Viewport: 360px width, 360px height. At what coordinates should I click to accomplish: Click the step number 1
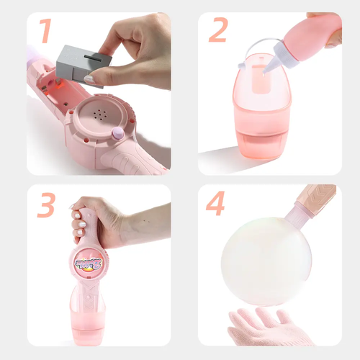[x=45, y=31]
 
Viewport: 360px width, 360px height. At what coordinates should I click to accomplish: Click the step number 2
[x=218, y=30]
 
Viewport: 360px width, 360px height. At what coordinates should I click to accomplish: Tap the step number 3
[x=47, y=205]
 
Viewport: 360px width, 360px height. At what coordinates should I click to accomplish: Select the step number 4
[x=215, y=203]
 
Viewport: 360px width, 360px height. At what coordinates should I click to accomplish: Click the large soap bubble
[x=266, y=261]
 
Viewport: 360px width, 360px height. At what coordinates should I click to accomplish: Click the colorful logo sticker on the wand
[x=89, y=264]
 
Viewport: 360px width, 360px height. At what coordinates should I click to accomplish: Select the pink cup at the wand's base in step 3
[x=88, y=319]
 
